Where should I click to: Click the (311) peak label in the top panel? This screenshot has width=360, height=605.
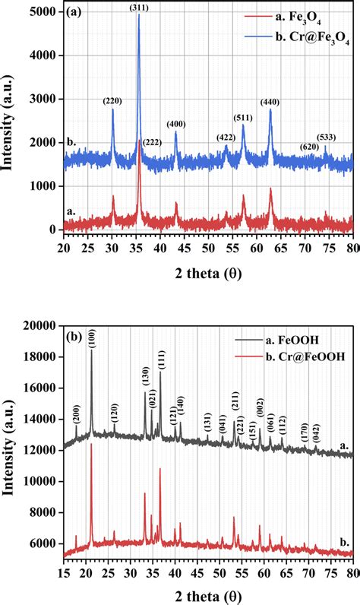click(138, 8)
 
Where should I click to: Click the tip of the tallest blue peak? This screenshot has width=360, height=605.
click(138, 15)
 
